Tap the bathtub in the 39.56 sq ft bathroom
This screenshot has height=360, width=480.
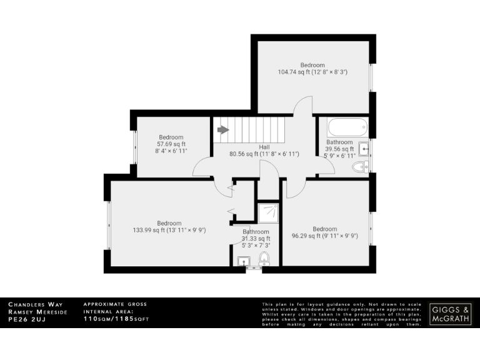[346, 129]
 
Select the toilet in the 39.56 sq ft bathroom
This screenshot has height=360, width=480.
[360, 166]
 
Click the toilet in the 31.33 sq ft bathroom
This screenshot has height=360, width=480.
[264, 259]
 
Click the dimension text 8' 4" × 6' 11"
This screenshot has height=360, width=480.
[171, 151]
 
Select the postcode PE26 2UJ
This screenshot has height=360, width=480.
[27, 319]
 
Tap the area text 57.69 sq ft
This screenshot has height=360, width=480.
[171, 144]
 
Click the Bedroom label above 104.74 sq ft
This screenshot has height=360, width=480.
[312, 65]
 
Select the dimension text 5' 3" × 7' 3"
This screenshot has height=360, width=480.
[256, 245]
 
